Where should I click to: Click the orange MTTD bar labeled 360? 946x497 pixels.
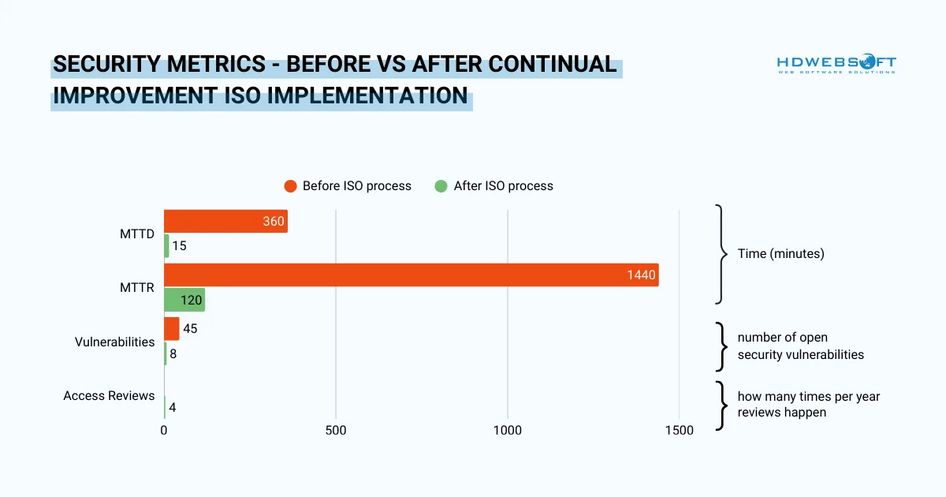[x=225, y=222]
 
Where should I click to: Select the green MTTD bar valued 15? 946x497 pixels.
[x=166, y=246]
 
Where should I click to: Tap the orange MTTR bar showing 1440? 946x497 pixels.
[x=411, y=275]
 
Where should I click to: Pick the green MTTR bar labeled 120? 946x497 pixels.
[x=184, y=300]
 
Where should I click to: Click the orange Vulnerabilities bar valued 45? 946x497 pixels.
[x=171, y=329]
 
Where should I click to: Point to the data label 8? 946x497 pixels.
[x=173, y=353]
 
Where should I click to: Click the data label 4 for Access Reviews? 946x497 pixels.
[x=172, y=408]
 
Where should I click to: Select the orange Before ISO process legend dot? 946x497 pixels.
[x=289, y=186]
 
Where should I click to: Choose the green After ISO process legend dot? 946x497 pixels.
[x=441, y=186]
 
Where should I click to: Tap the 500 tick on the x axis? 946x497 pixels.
[x=336, y=431]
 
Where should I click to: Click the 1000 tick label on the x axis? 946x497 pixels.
[x=507, y=431]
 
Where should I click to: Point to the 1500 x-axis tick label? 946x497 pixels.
[x=679, y=431]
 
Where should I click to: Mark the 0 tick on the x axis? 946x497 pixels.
[x=164, y=431]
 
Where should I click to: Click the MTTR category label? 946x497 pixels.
[x=136, y=288]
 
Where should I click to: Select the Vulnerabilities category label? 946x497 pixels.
[x=114, y=342]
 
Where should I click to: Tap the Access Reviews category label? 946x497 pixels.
[x=109, y=395]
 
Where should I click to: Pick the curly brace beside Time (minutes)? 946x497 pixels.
[x=721, y=254]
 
